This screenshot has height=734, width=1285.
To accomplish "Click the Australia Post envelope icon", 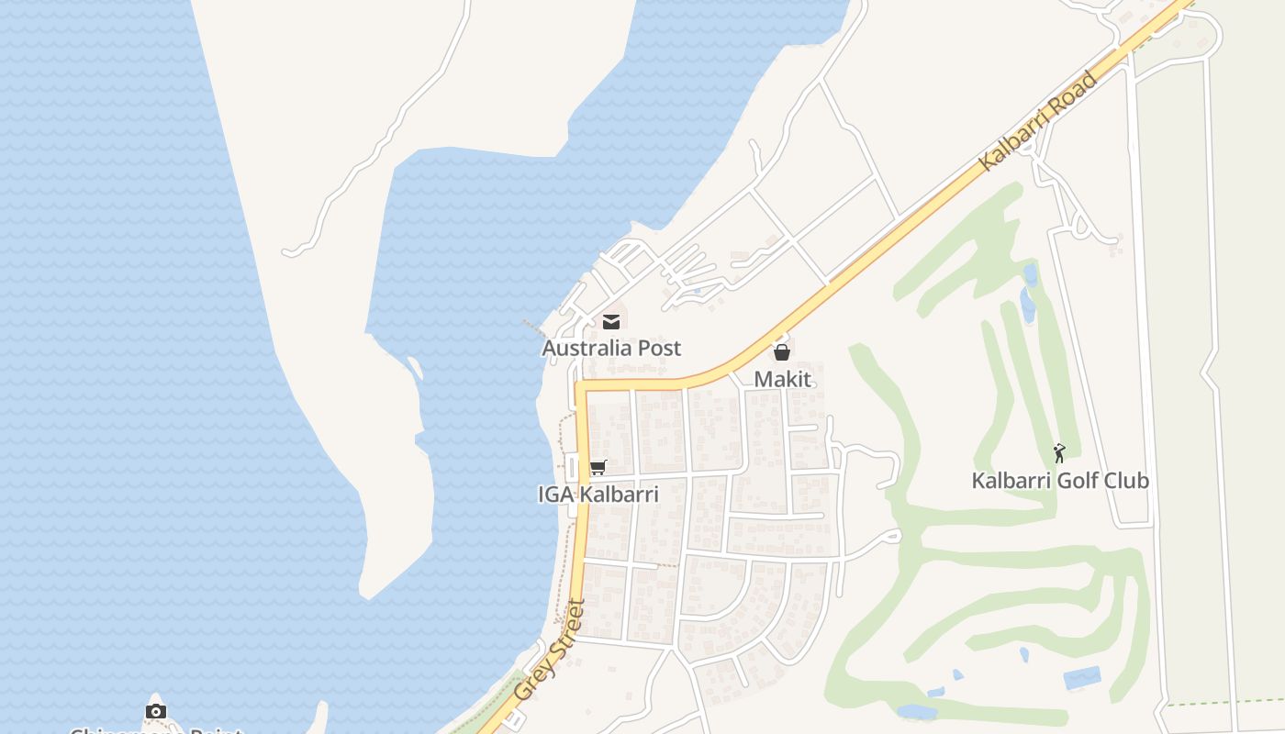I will point(611,321).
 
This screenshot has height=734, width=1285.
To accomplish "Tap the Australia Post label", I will point(611,349).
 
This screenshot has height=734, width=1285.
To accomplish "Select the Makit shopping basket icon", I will point(782,352).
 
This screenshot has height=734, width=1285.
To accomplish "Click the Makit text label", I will point(783,379).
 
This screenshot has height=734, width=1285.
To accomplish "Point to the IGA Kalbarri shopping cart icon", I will point(598,468).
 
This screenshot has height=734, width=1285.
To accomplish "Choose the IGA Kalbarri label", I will point(598,495).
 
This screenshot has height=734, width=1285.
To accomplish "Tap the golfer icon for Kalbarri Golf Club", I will point(1060,452).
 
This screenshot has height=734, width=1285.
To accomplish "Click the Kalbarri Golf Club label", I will point(1060,481).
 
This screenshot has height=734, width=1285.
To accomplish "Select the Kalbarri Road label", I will point(1038,121).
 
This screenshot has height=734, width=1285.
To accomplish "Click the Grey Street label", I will point(550,651).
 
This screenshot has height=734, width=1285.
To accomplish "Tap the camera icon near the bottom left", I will point(156,711).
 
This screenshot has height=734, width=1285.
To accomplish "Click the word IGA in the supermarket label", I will point(555,495).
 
